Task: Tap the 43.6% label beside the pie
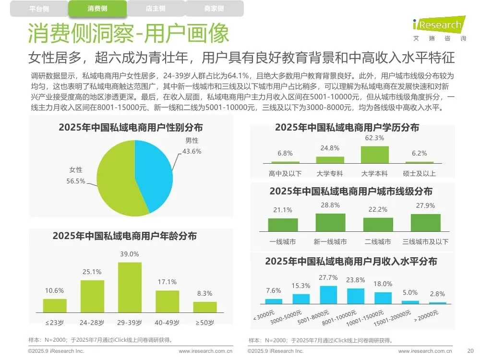point(192,151)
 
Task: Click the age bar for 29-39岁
point(130,287)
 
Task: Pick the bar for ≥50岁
point(205,307)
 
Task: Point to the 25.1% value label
point(92,272)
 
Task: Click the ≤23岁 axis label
point(55,323)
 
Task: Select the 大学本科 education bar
point(375,155)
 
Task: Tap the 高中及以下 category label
point(285,174)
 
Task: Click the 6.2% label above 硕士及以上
point(420,153)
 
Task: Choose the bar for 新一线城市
point(330,222)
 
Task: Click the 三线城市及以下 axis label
point(425,242)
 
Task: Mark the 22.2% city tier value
point(378,209)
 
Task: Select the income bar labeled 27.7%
point(328,295)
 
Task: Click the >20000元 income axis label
point(426,316)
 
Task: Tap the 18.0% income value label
point(383,284)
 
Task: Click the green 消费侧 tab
point(97,8)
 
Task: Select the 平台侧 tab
point(39,9)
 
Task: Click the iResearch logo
point(439,28)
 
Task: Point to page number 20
point(470,351)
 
